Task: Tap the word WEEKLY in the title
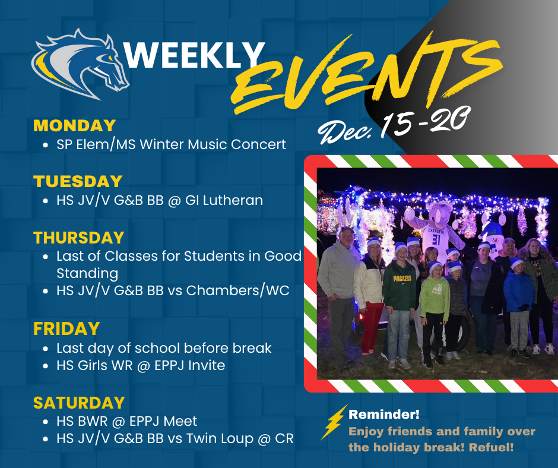coord(194,55)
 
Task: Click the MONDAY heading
coord(74,126)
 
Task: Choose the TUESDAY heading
coord(78,181)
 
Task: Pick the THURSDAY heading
coord(79,238)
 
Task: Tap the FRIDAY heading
coord(66,328)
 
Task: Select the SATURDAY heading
coord(79,403)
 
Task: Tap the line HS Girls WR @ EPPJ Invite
coord(141,366)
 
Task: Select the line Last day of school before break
coord(164,348)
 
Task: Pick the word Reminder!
coord(383,414)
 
